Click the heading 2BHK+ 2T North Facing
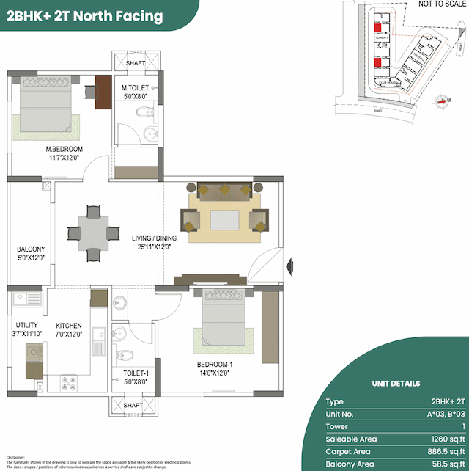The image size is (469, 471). pyautogui.click(x=85, y=15)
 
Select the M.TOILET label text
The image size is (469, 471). pyautogui.click(x=135, y=89)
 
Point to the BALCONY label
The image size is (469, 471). pyautogui.click(x=31, y=249)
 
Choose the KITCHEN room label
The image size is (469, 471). pyautogui.click(x=69, y=326)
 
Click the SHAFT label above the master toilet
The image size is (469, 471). pyautogui.click(x=135, y=63)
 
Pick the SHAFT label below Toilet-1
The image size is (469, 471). pyautogui.click(x=133, y=405)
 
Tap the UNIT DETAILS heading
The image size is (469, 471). pyautogui.click(x=396, y=383)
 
